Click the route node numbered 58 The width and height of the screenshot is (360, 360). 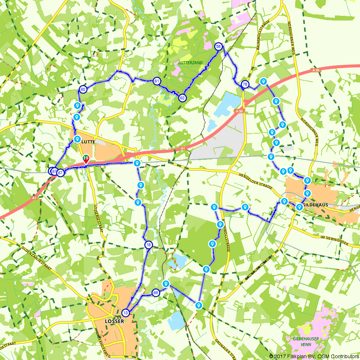tap(218, 46)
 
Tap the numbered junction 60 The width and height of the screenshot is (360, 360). tap(83, 89)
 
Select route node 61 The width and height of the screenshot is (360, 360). tap(157, 81)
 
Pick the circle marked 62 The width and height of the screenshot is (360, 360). tap(183, 98)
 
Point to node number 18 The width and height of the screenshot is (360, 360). tap(149, 245)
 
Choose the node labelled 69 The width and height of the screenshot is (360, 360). tap(156, 293)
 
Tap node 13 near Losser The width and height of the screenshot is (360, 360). tap(125, 312)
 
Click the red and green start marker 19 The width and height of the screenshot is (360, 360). tap(86, 159)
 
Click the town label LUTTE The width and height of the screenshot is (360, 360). tap(89, 142)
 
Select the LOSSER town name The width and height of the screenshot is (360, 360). tap(114, 321)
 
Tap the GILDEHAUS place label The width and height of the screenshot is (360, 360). tap(315, 204)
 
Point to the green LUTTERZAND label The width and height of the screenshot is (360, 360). tap(190, 63)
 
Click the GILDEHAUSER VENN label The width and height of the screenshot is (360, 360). tap(305, 341)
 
